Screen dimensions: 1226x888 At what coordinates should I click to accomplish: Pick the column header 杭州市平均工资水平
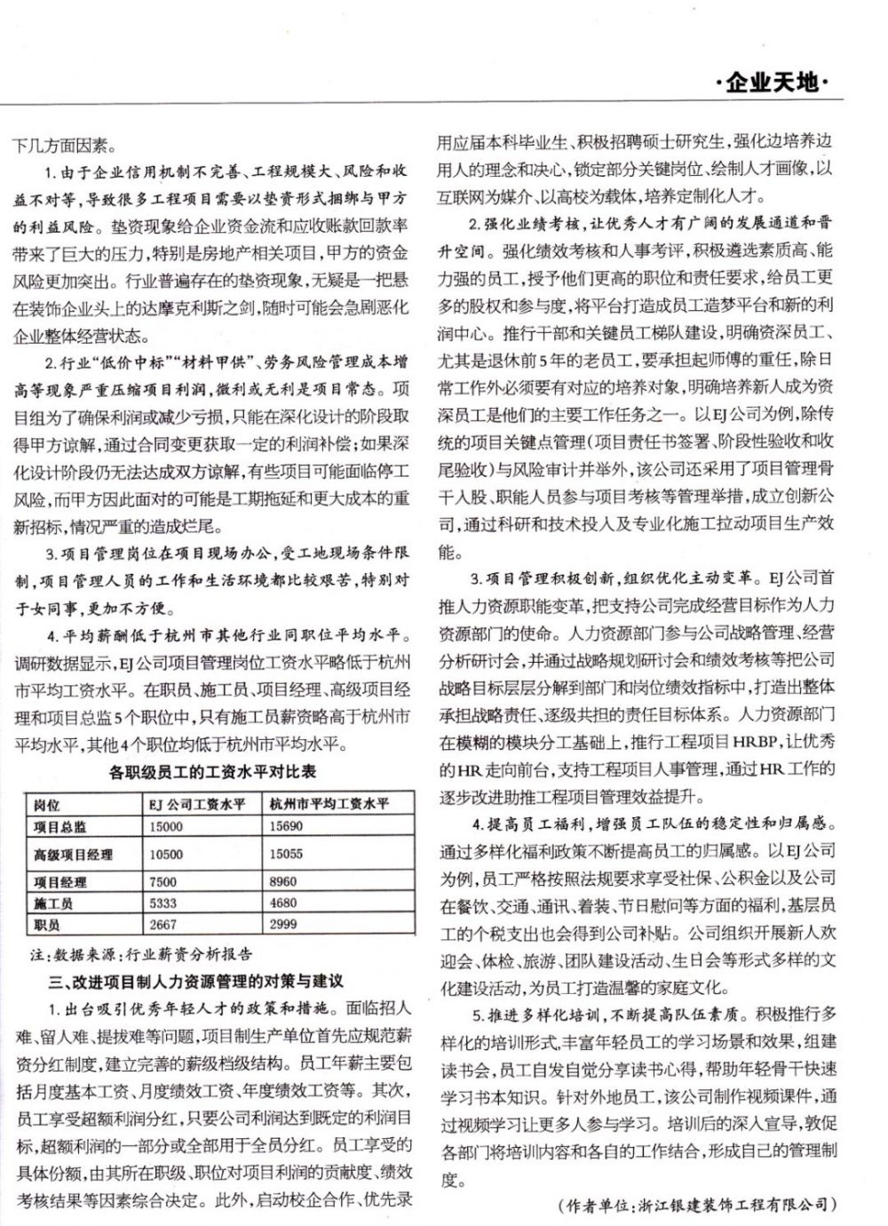coord(329,805)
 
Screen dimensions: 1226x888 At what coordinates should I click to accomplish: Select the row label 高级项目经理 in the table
coord(74,855)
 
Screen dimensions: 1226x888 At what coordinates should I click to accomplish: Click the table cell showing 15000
coord(167,827)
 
